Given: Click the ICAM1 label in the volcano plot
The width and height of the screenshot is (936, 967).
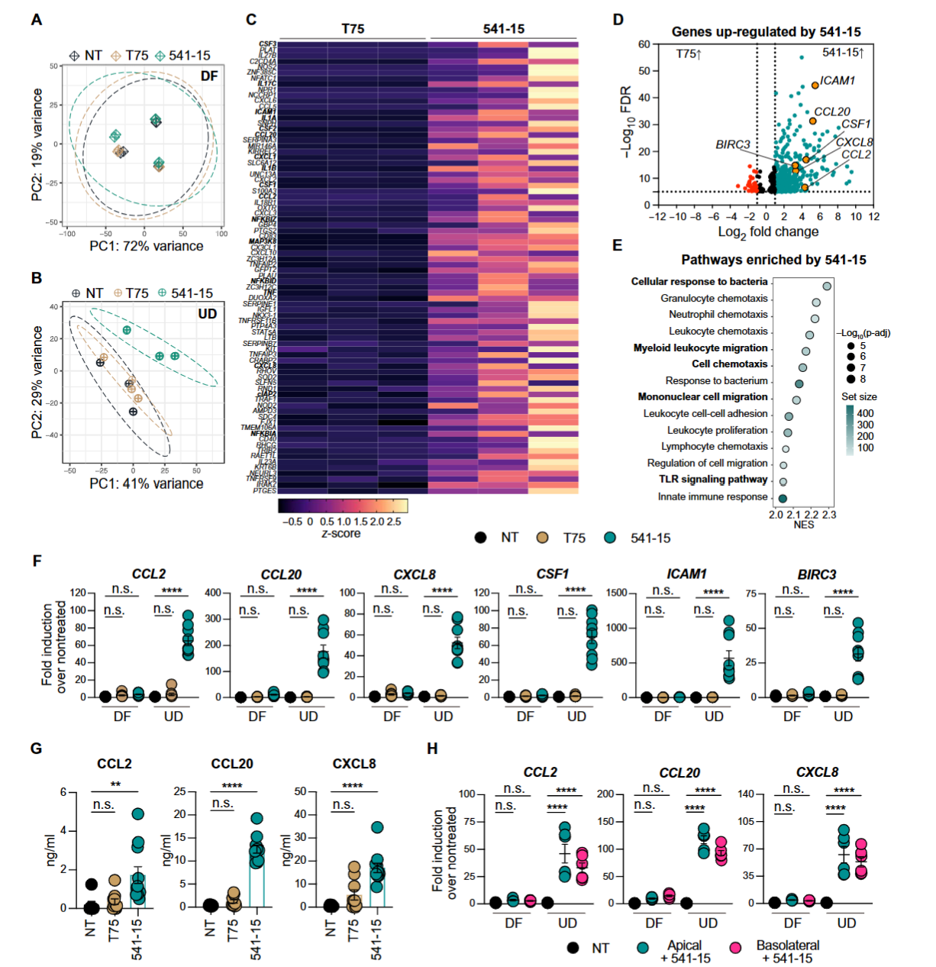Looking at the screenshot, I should [838, 80].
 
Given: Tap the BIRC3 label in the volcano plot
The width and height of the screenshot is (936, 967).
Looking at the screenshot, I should [732, 144].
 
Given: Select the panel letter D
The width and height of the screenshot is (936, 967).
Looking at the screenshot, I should [618, 20].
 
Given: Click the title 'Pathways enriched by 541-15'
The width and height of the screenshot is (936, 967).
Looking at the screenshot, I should [773, 260].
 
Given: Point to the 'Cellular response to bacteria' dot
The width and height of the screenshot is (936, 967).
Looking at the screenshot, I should [827, 286].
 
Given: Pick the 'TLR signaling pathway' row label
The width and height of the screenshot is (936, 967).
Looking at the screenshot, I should [713, 480].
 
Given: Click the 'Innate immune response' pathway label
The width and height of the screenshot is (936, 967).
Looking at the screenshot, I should [712, 496].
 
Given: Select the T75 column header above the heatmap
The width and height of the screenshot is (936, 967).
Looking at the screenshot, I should [353, 29].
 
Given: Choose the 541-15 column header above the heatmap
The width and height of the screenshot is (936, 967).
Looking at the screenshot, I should [504, 29].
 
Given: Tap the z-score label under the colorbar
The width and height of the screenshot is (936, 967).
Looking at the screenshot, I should [341, 534].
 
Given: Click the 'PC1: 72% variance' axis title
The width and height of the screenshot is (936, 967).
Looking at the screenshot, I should [147, 246].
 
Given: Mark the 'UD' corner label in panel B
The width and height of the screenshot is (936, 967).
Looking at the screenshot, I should [208, 313].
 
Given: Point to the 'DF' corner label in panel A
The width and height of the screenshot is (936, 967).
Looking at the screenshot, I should [209, 76].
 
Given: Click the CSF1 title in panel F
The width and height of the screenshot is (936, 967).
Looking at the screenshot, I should [552, 574].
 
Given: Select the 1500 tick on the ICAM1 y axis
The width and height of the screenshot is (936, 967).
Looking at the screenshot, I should [616, 593].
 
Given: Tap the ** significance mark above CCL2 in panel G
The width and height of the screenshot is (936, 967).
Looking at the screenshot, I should [115, 784].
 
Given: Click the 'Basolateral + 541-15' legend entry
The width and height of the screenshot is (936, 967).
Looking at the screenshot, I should [787, 952].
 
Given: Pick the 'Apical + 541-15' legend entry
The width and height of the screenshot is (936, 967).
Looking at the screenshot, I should [684, 952].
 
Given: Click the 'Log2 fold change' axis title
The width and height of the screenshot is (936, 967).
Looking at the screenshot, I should [768, 231].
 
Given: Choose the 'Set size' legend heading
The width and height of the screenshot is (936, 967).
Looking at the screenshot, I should [859, 396].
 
